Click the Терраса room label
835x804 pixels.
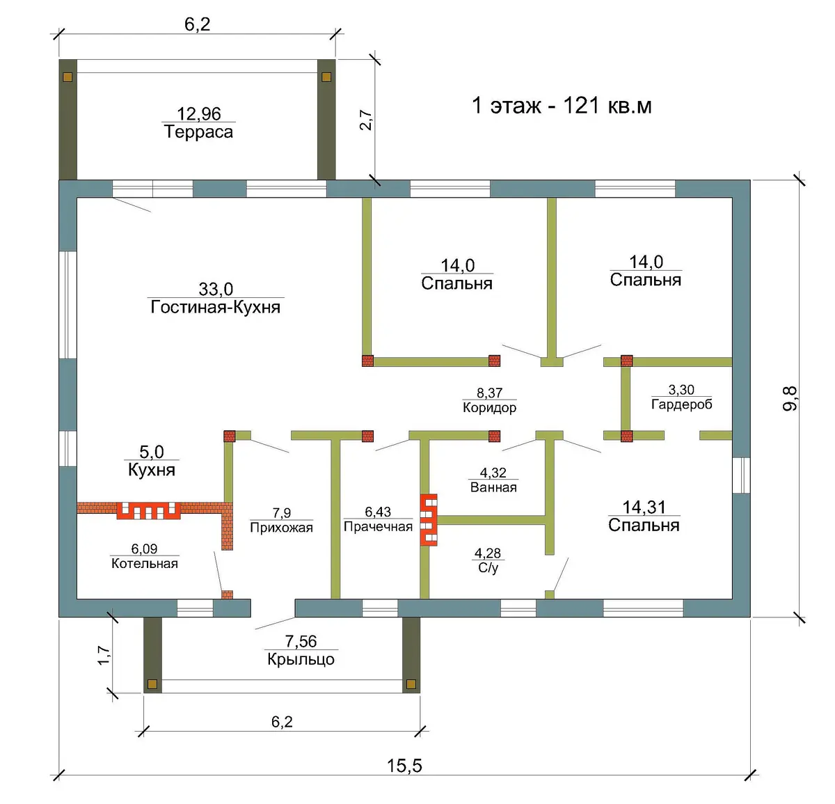coord(199,132)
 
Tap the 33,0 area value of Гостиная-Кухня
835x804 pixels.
coord(216,289)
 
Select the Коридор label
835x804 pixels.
coord(489,407)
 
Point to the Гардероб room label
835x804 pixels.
coord(681,404)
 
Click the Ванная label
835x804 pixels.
coord(493,487)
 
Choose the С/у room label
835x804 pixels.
coord(488,568)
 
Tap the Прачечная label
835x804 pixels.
coord(378,526)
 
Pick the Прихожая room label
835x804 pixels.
coord(282,527)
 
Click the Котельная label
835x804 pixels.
coord(145,563)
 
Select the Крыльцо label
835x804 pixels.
coord(301,659)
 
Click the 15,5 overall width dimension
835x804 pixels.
coord(404,766)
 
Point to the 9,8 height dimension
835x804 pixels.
coord(790,398)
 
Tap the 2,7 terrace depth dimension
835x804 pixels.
coord(365,120)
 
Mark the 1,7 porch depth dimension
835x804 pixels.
coord(104,656)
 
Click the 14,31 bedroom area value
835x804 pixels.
coord(644,507)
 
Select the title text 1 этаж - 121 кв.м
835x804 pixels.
coord(562,106)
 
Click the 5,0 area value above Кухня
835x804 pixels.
coord(152,452)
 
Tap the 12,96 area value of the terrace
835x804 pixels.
coord(199,113)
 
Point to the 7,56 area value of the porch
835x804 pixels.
coord(301,641)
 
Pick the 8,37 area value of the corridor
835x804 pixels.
coord(489,393)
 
